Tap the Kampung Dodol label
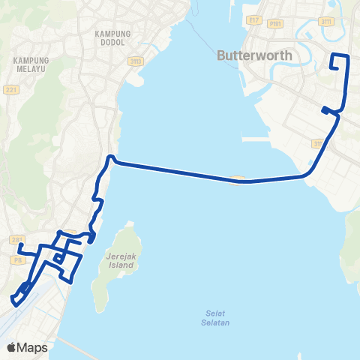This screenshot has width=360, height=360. pyautogui.click(x=113, y=38)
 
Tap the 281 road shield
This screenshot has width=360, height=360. pyautogui.click(x=17, y=239)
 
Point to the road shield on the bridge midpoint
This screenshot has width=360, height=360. pyautogui.click(x=238, y=178)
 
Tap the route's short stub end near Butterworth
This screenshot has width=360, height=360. pyautogui.click(x=324, y=110)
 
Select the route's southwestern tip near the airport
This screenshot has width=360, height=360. pyautogui.click(x=14, y=302)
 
